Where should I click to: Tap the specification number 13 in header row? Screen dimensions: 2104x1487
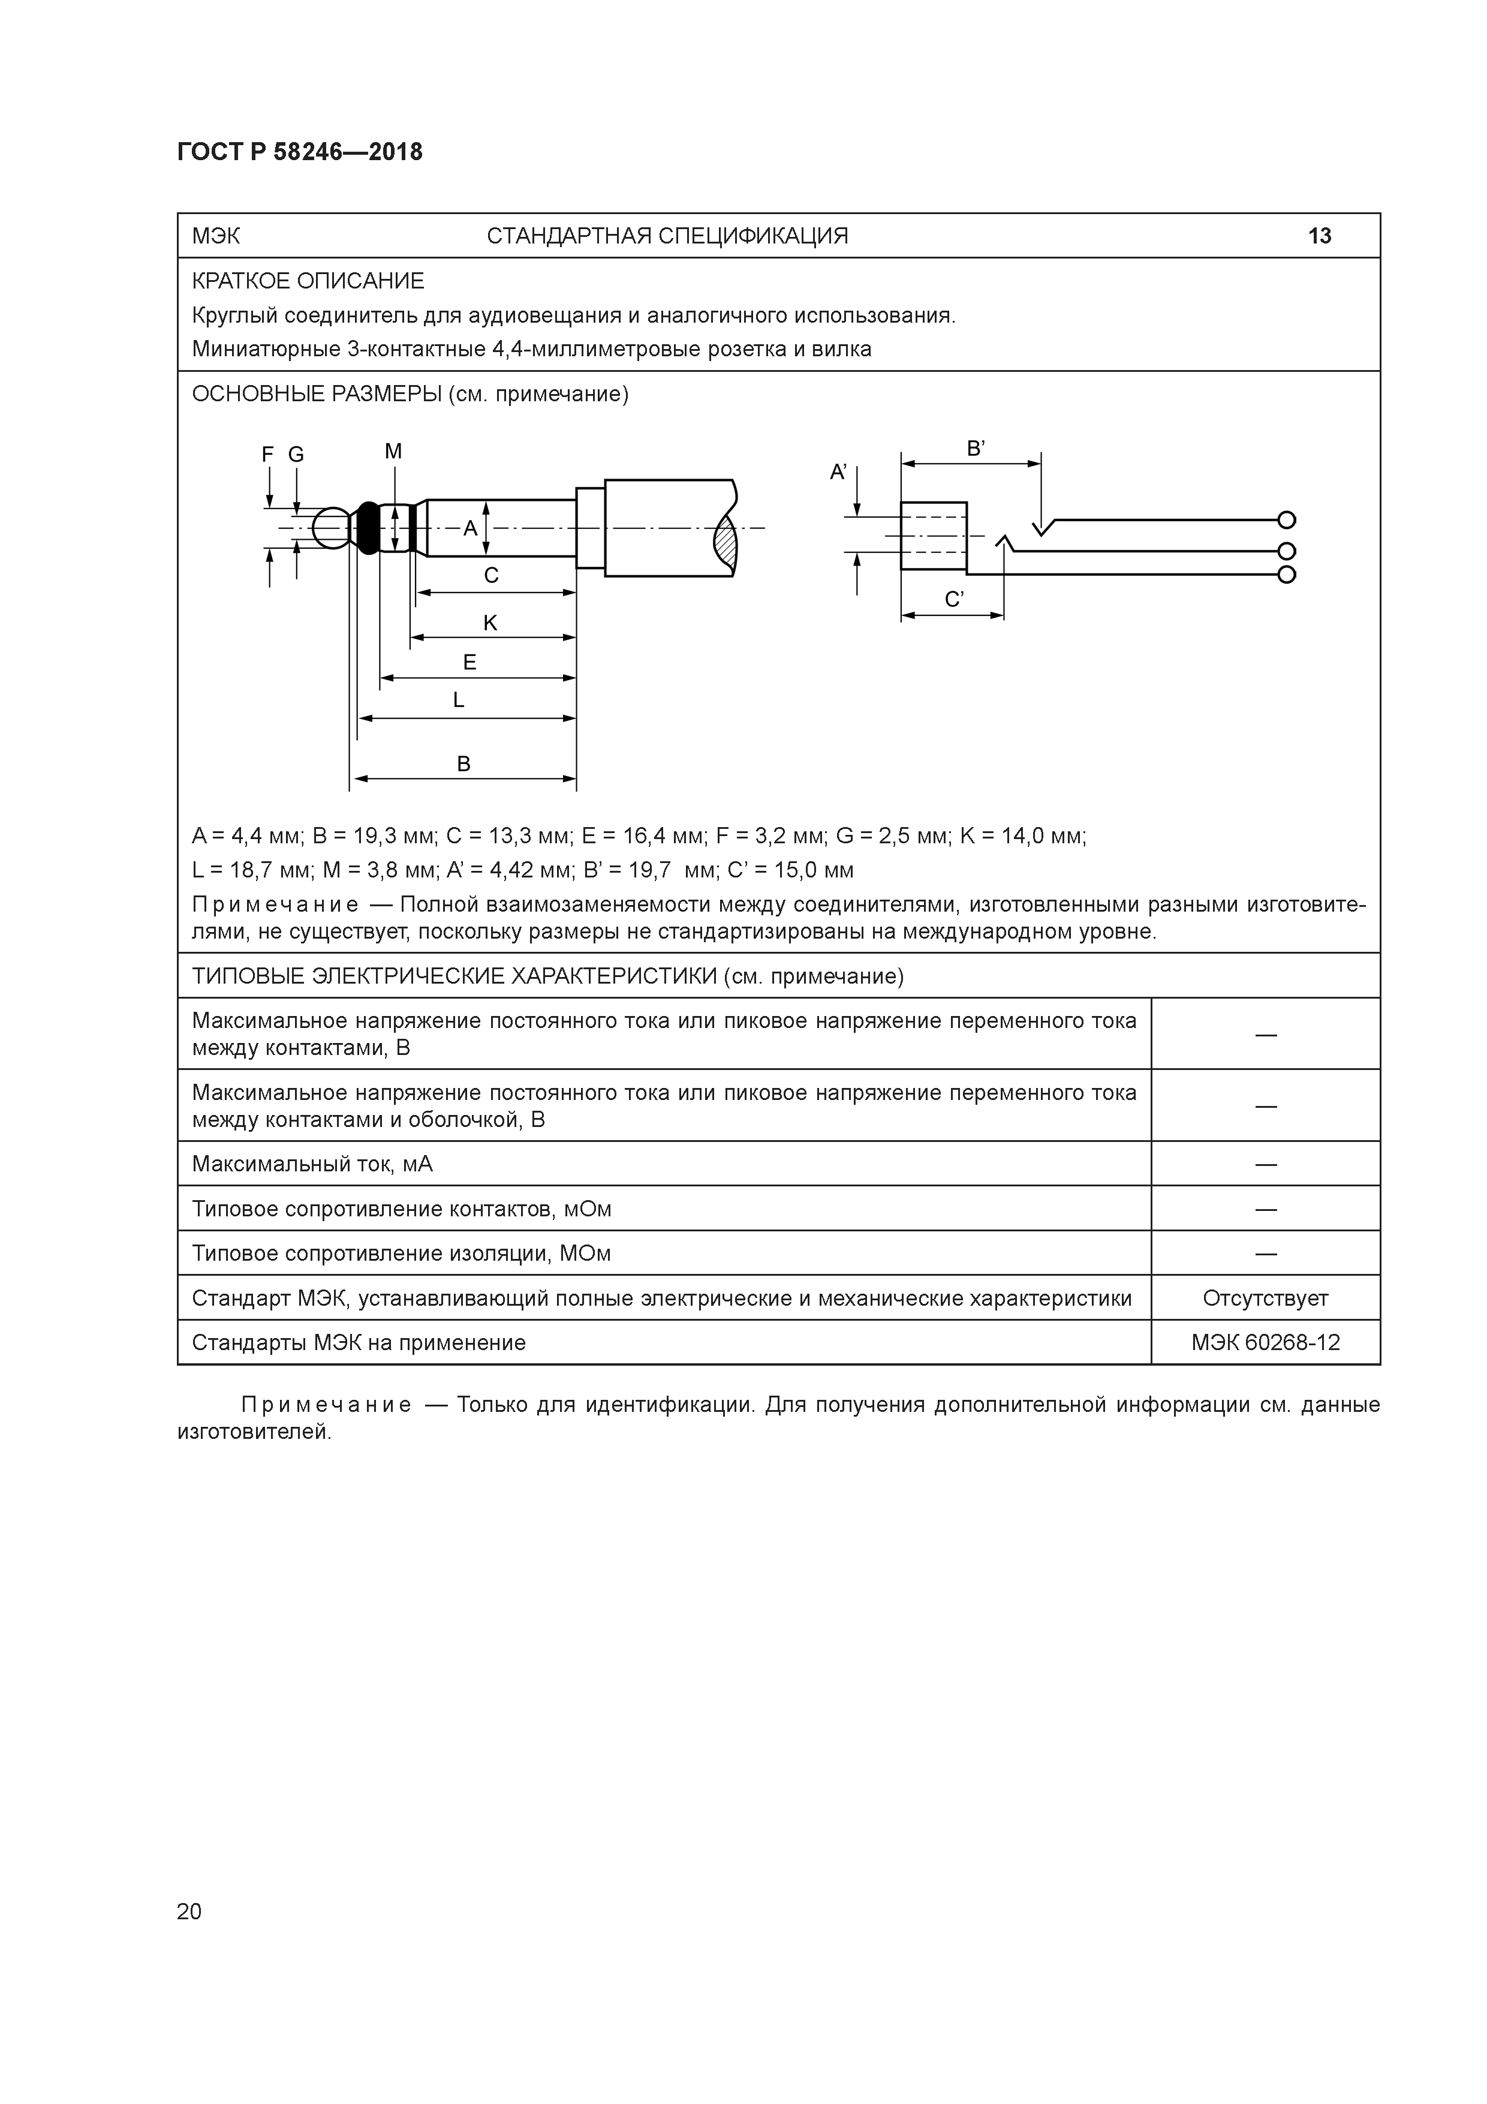pyautogui.click(x=1319, y=236)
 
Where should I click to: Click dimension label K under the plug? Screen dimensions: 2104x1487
pyautogui.click(x=490, y=623)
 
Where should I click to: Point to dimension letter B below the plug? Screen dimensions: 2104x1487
pyautogui.click(x=463, y=764)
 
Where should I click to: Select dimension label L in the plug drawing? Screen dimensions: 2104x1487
pyautogui.click(x=459, y=700)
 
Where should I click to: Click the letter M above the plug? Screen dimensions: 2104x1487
pyautogui.click(x=393, y=451)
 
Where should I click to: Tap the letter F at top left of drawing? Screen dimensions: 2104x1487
pyautogui.click(x=267, y=455)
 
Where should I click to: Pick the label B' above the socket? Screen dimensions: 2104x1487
pyautogui.click(x=976, y=449)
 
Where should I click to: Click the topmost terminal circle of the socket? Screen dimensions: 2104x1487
pyautogui.click(x=1286, y=521)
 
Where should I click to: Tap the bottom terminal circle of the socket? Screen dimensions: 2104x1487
pyautogui.click(x=1286, y=575)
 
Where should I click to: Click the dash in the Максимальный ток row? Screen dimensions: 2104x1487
pyautogui.click(x=1265, y=1164)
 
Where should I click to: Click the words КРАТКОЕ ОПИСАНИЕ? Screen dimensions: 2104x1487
pyautogui.click(x=308, y=281)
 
